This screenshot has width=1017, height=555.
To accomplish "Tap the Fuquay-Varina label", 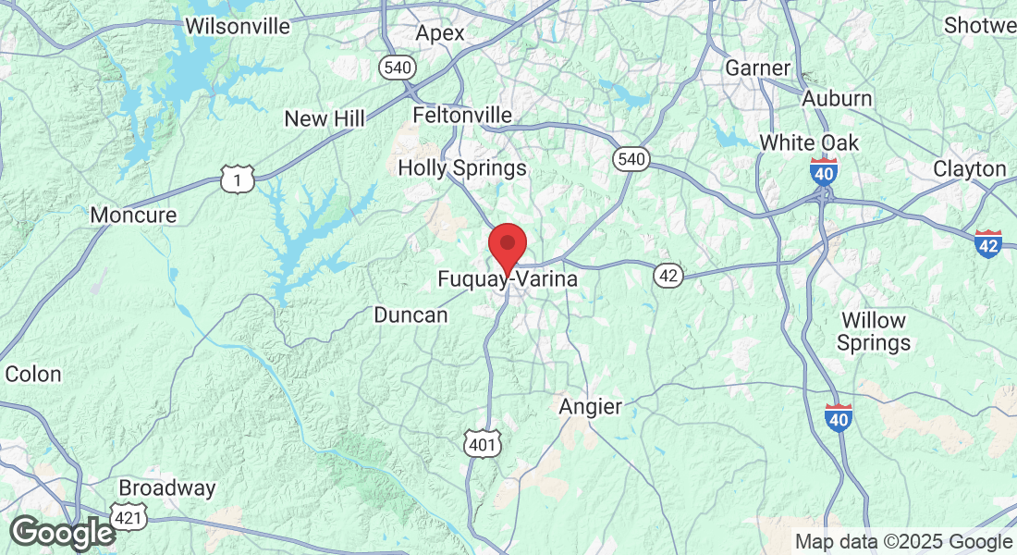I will [x=507, y=277].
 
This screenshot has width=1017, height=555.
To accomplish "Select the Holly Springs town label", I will [x=462, y=168].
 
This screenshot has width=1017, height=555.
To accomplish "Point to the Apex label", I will [x=440, y=33].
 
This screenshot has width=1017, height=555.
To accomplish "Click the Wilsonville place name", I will [x=238, y=26].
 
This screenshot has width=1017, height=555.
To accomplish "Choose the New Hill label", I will [x=325, y=118].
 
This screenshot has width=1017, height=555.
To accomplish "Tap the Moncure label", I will [x=133, y=216].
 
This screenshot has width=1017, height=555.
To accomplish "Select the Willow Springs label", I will [x=874, y=332].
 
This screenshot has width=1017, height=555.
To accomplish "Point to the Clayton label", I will [x=969, y=169].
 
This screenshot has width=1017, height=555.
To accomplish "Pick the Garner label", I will [x=758, y=68].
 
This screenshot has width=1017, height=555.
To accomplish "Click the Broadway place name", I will [x=167, y=488].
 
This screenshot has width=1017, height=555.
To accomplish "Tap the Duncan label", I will [x=410, y=315].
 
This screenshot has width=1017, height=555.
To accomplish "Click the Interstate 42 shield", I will [x=988, y=244].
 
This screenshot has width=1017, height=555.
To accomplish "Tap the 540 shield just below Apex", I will [x=397, y=68].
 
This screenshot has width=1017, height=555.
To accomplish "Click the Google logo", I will [x=62, y=533].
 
